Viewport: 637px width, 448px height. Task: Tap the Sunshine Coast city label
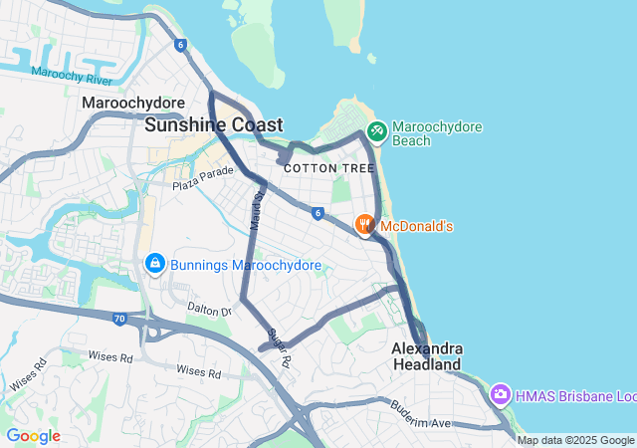tap(213, 125)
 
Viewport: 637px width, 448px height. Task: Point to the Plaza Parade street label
tap(202, 179)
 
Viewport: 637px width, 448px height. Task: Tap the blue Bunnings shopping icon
tap(154, 264)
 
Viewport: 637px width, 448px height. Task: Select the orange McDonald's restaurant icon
tap(365, 225)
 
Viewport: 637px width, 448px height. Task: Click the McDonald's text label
tap(417, 227)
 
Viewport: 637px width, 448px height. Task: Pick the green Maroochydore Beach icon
tap(376, 130)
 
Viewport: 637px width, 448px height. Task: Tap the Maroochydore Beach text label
tap(437, 133)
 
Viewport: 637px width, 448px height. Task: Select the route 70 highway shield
tap(119, 320)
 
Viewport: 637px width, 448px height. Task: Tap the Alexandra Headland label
tap(427, 356)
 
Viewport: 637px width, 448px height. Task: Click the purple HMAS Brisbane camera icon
tap(501, 395)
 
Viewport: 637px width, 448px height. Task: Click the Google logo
tap(33, 436)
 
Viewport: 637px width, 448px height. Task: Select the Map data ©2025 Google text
tap(575, 440)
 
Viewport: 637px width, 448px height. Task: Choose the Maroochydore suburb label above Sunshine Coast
tap(133, 104)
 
